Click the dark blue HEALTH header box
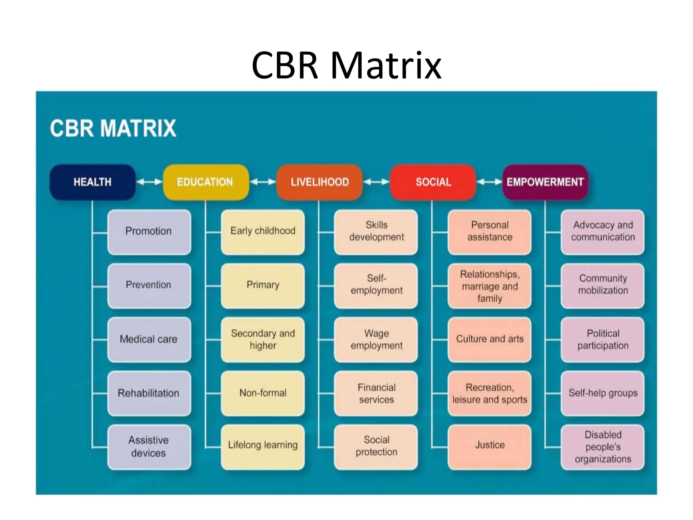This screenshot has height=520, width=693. tap(92, 182)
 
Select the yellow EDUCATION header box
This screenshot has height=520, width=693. tap(205, 182)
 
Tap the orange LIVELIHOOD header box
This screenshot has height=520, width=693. tap(319, 182)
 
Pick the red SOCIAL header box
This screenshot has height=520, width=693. tap(433, 182)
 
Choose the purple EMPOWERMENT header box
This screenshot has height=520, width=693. tap(545, 182)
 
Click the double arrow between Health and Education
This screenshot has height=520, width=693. tap(149, 182)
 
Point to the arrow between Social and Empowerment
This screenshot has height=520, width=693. tap(489, 182)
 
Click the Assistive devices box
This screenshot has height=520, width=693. tap(149, 447)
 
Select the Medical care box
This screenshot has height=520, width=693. tap(149, 339)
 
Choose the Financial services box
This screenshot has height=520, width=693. tap(376, 393)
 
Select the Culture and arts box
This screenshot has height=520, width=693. tap(489, 339)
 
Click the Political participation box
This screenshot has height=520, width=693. tap(603, 339)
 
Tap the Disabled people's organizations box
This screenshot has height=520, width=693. tap(603, 447)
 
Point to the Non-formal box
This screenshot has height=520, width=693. tap(263, 393)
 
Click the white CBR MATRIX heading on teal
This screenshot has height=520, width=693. tap(113, 128)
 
